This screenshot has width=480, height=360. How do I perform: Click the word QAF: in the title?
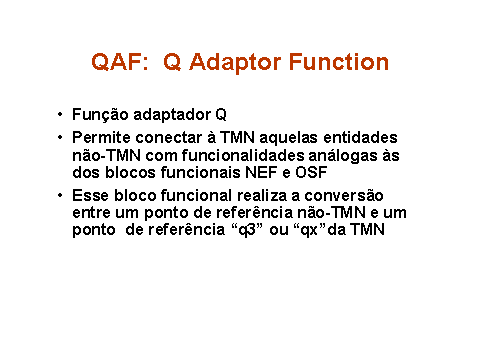tap(120, 62)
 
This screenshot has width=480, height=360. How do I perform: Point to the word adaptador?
tap(172, 115)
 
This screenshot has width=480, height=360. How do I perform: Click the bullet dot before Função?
tap(60, 114)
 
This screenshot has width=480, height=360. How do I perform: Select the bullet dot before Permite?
tap(60, 137)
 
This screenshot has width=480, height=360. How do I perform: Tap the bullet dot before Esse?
tap(60, 195)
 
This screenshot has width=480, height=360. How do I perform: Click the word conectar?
tap(169, 138)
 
